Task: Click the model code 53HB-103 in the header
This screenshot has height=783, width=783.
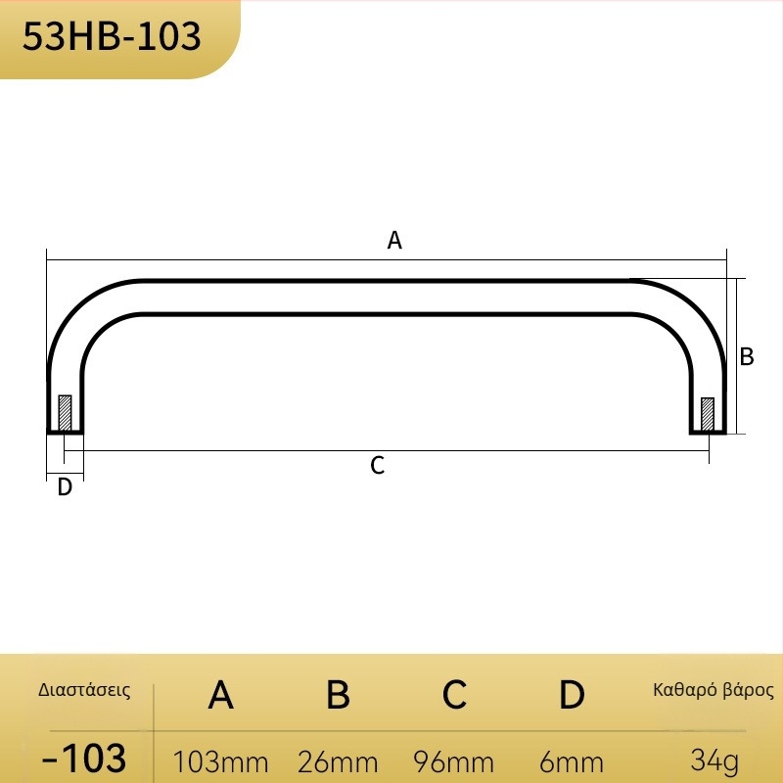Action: (x=112, y=36)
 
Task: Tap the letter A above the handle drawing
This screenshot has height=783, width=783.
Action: (x=394, y=240)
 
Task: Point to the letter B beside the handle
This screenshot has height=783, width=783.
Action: (x=747, y=356)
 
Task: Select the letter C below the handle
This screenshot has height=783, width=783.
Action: (x=378, y=466)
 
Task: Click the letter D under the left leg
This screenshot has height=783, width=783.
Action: (x=65, y=486)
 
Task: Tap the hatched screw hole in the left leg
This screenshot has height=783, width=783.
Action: (x=65, y=413)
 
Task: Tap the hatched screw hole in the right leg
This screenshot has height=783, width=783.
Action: (x=708, y=414)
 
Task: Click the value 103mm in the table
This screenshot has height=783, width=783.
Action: (x=221, y=762)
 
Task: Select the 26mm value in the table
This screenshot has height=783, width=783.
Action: (x=338, y=762)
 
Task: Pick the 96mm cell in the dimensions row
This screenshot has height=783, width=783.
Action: (x=454, y=762)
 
